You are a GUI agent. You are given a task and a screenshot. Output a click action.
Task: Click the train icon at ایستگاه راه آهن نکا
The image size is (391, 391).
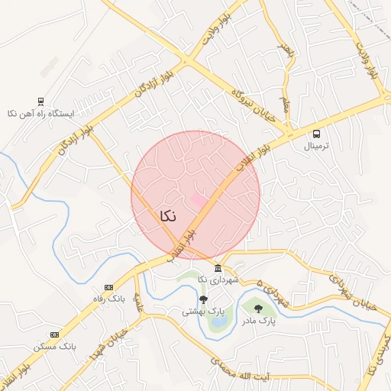[40, 101]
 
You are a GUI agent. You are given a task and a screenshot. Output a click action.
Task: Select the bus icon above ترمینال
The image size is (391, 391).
[316, 134]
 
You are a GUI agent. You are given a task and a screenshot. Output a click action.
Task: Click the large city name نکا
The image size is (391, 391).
[168, 216]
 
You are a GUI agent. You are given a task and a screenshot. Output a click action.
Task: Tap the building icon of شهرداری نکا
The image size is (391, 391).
[218, 268]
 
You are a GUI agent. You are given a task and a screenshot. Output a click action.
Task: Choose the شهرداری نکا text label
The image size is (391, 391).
[218, 280]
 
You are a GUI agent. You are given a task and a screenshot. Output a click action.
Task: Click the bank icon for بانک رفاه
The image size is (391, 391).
[108, 287]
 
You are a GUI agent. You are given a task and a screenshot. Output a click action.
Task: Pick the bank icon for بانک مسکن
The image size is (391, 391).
[54, 334]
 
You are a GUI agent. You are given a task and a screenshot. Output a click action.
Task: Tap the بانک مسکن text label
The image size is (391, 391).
[55, 347]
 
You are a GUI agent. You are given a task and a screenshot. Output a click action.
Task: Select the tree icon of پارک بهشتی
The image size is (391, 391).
[203, 299]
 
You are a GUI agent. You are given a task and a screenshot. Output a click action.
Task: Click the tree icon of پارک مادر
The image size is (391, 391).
[258, 309]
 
